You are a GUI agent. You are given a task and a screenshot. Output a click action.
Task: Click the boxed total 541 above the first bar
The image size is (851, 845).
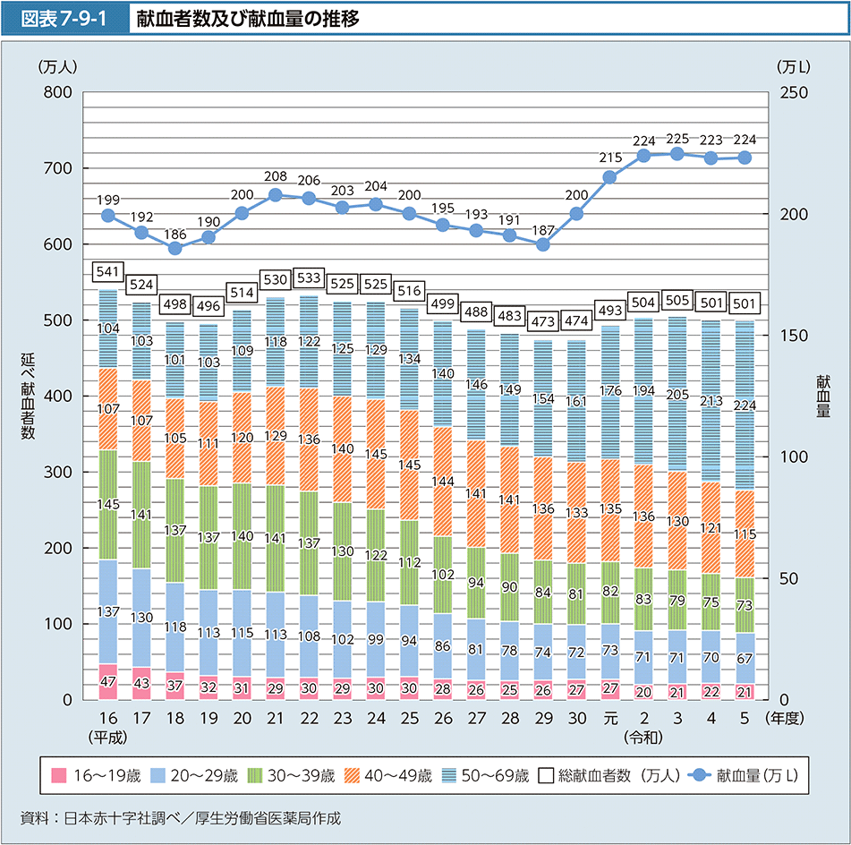coord(107,270)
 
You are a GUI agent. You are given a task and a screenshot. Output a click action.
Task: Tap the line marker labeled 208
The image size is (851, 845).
coord(276,195)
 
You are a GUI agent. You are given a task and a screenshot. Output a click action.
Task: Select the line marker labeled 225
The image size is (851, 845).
coord(677,154)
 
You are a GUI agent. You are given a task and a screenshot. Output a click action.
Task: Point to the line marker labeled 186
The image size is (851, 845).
coord(175,248)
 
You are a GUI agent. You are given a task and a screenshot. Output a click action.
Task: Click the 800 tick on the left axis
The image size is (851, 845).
coord(58,92)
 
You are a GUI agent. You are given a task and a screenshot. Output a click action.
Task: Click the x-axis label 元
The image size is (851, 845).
coord(610,719)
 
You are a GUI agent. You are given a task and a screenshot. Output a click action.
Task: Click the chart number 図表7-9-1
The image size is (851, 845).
coord(68,18)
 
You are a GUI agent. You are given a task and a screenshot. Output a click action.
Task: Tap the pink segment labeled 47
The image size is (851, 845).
coord(107,682)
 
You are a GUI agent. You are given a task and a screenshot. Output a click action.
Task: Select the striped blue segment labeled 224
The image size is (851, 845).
coord(745,405)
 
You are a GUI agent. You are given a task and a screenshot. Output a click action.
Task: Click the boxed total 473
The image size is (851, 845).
coord(543,320)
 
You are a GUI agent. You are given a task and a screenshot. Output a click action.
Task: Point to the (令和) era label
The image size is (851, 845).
coord(643,738)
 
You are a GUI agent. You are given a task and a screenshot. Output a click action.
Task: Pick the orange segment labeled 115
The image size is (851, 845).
coord(745,533)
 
